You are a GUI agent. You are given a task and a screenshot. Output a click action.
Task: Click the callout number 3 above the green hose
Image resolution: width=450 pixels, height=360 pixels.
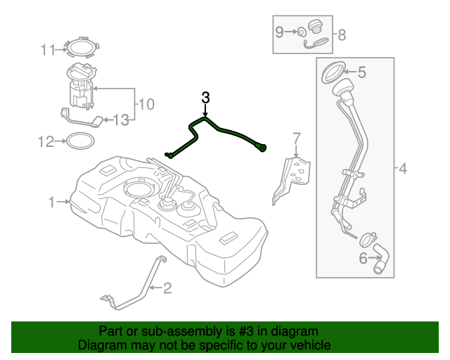coord(205,98)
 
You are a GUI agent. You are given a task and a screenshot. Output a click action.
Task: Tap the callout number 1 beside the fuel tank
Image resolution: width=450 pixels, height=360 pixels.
coord(51,202)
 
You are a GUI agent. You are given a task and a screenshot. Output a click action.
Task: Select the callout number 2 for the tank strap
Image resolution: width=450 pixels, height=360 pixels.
coord(167,287)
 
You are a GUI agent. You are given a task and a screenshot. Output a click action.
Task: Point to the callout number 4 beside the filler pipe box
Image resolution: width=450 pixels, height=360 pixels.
coord(402,169)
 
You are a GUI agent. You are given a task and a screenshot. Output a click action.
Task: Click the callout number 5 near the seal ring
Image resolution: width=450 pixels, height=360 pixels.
coord(362,72)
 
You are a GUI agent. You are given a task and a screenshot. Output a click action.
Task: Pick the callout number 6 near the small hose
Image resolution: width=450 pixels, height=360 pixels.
coord(364,258)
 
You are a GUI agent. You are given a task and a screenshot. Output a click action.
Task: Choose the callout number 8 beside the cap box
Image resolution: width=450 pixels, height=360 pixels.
coord(342,34)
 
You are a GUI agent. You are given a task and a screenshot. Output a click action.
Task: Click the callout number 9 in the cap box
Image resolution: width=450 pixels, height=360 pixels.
coord(279,32)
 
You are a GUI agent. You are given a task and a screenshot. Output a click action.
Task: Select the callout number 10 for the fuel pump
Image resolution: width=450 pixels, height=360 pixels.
coord(146,105)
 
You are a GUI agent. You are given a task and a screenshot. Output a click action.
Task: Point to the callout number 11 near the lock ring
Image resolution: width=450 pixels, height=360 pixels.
coord(47,49)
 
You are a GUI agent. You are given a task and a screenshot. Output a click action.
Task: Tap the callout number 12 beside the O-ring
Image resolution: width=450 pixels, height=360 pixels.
coord(46,142)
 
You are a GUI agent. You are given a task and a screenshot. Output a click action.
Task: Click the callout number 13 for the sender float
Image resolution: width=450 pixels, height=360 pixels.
coord(122,120)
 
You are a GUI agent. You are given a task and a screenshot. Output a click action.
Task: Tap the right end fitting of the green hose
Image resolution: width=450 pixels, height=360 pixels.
coord(263,148)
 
